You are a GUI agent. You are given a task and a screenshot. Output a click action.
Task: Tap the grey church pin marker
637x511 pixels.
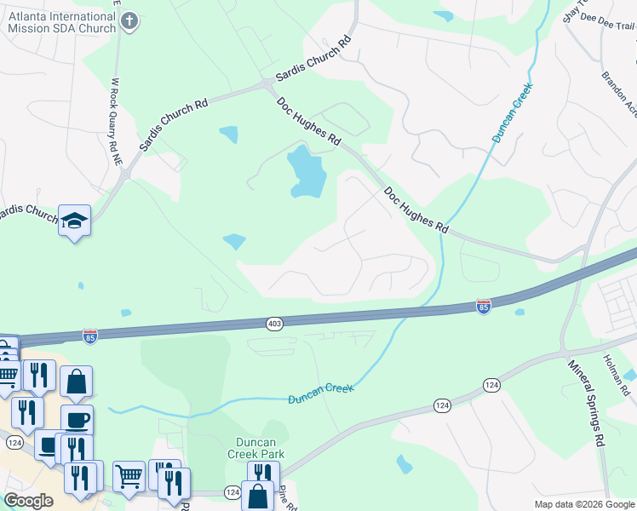coord(129,21)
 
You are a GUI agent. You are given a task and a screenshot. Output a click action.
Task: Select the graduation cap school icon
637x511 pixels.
coord(74,221)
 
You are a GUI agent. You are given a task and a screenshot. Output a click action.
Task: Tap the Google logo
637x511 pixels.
coord(28,501)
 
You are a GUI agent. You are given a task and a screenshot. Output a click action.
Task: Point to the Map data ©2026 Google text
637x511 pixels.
coord(583,504)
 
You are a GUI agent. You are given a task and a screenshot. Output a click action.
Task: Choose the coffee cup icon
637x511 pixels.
coord(77,420)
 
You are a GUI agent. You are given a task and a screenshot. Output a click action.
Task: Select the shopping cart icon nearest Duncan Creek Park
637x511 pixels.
coord(129,477)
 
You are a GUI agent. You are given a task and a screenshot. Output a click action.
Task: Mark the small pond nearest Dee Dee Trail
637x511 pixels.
coord(443,15)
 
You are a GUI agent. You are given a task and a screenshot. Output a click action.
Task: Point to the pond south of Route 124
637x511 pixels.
coord(405,464)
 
